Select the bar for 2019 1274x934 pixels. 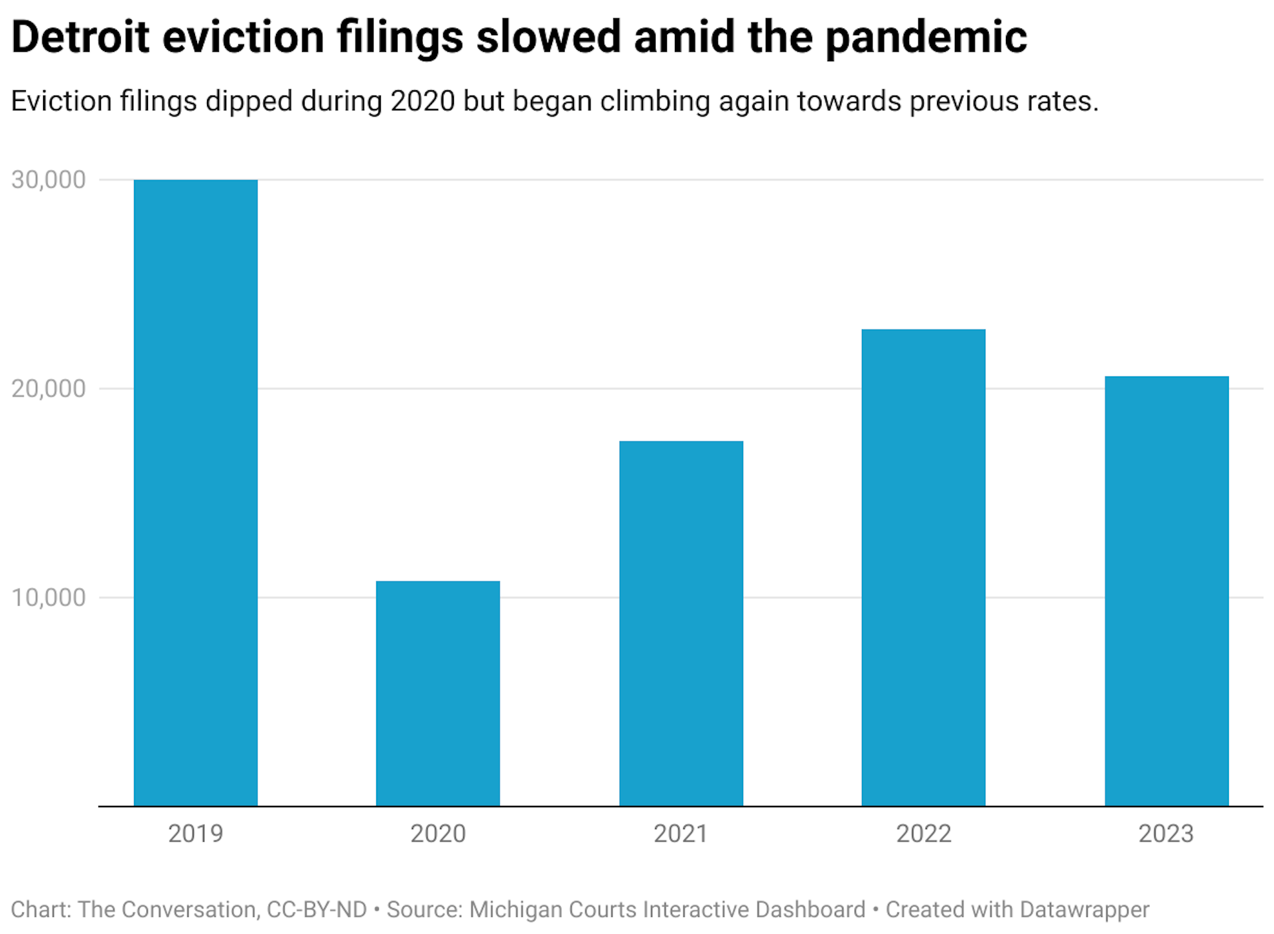click(196, 493)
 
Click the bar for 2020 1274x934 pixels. click(438, 693)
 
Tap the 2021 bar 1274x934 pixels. click(681, 623)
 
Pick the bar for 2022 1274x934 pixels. click(923, 568)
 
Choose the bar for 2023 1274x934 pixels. click(1166, 591)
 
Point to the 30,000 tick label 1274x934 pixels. click(48, 180)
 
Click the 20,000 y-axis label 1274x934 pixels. click(48, 389)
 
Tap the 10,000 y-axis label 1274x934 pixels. click(48, 597)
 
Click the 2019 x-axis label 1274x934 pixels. click(196, 834)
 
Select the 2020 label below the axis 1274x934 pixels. click(438, 834)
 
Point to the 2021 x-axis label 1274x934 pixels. click(681, 834)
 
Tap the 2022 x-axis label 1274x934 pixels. click(923, 834)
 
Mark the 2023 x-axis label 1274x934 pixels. click(1166, 834)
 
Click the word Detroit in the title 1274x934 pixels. click(80, 37)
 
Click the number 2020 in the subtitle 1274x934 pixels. click(423, 102)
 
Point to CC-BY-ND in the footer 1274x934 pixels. click(317, 909)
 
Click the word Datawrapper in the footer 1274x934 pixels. click(1084, 909)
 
